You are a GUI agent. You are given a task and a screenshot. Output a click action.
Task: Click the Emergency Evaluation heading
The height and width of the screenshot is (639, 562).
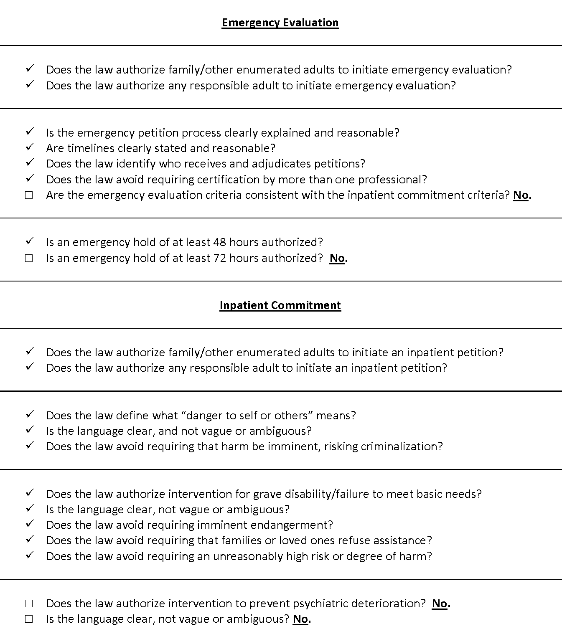coord(280,23)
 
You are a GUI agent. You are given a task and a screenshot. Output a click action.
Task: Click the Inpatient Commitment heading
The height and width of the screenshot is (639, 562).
coord(280,305)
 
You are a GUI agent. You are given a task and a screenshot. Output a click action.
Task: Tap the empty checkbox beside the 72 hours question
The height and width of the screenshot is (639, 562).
coord(29,258)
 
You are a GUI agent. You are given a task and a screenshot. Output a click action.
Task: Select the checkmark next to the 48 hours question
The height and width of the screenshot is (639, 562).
coord(29,241)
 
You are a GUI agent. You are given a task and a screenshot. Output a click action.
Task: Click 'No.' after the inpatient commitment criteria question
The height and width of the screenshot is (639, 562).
coord(522,195)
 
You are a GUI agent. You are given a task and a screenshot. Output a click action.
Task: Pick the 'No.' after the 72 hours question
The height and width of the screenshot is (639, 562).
coord(338,258)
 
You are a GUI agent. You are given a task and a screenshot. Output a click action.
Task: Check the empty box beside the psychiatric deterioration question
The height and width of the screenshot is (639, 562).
coord(29,603)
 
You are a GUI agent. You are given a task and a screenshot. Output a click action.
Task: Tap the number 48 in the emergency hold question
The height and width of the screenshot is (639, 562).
coord(220,242)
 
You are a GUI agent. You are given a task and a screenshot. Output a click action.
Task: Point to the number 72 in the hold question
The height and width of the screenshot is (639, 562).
coord(220,258)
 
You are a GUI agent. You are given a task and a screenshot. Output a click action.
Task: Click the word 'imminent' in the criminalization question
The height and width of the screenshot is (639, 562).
coord(294,446)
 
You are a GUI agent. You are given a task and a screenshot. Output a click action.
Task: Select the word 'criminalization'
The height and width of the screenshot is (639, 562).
coord(401,446)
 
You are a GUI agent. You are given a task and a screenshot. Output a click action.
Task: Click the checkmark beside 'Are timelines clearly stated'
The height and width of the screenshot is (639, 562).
coord(29,147)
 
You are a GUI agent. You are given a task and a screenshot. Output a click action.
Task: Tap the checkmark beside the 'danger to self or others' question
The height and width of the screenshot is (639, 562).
coord(29,414)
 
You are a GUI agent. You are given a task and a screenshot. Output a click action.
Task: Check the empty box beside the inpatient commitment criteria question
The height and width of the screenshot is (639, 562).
coord(29,195)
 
